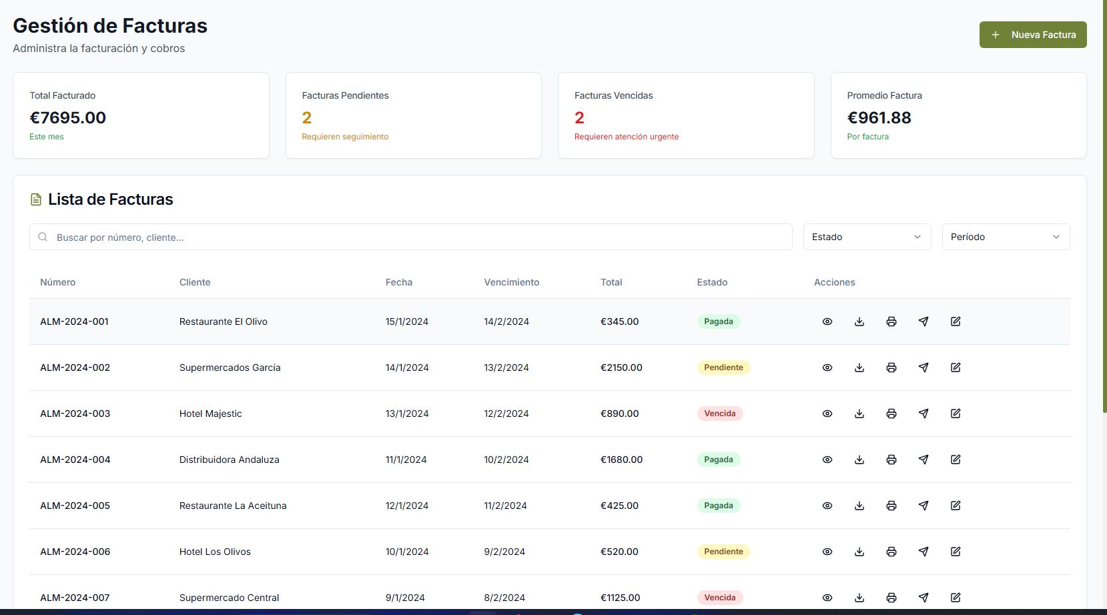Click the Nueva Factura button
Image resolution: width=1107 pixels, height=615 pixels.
[1033, 35]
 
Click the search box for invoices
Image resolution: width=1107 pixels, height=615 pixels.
[410, 237]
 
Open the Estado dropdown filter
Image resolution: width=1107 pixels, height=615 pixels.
[867, 237]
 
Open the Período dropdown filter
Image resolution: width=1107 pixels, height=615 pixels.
[1006, 237]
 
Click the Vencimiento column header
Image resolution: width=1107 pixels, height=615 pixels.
[512, 282]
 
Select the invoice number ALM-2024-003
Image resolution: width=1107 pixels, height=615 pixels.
[75, 414]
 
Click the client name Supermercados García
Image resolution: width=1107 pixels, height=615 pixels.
[230, 368]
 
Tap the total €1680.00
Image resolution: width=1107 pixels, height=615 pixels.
[621, 460]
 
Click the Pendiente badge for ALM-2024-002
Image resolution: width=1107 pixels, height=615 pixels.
[723, 368]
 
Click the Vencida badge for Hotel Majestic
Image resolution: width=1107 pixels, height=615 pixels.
[720, 414]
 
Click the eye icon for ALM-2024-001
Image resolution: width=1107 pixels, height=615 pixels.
[827, 322]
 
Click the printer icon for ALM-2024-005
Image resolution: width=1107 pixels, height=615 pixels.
[891, 506]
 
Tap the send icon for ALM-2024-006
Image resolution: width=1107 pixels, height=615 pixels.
[924, 552]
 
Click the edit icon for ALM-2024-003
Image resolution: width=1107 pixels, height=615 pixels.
[956, 414]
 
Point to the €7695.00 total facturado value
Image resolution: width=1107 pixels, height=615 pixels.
[68, 118]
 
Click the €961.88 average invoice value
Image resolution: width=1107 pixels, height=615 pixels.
[879, 118]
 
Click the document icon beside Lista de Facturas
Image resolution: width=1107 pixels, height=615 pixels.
[36, 199]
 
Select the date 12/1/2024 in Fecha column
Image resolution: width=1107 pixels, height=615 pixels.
[407, 506]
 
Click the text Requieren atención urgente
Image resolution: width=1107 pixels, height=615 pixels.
[627, 137]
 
